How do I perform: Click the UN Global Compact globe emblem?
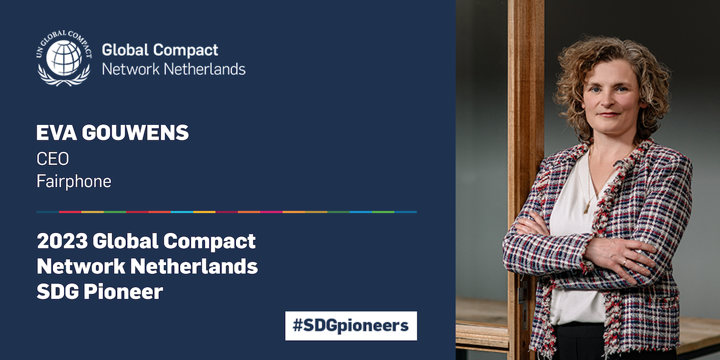[64, 58]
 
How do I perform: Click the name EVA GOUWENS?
[112, 133]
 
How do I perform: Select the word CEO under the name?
[52, 159]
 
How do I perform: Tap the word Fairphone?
[74, 182]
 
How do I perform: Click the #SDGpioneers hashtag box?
[350, 326]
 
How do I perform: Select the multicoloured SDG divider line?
[226, 212]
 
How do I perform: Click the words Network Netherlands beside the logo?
[173, 69]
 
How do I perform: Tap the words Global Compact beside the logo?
[160, 50]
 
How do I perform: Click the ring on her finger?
[625, 262]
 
